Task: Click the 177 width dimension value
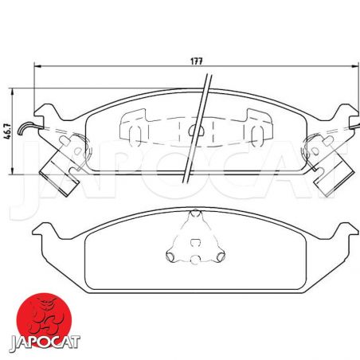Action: tap(197, 61)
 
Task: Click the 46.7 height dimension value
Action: tap(8, 131)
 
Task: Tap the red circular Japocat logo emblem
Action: tap(44, 319)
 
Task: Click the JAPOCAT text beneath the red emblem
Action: tap(45, 342)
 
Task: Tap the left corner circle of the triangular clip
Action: tap(170, 256)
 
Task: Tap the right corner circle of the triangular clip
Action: tap(221, 256)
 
